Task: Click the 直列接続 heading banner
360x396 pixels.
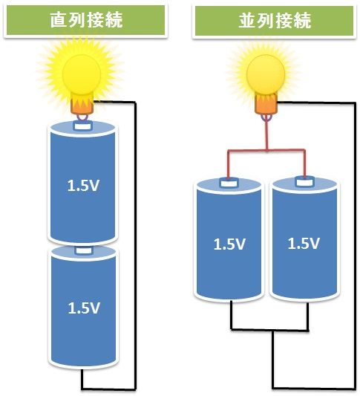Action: [x=85, y=20]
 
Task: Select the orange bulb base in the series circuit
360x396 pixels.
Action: [x=81, y=107]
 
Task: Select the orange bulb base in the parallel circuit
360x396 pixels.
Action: [x=266, y=106]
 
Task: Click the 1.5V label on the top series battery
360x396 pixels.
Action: [x=83, y=186]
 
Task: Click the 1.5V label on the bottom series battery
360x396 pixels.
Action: [x=83, y=307]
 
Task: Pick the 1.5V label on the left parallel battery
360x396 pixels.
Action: [x=229, y=244]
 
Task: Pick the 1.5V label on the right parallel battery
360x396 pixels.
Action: [x=304, y=244]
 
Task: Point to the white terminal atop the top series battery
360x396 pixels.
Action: [x=82, y=126]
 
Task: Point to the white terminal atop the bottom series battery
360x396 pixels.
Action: [x=82, y=251]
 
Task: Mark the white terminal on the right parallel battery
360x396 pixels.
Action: [x=303, y=180]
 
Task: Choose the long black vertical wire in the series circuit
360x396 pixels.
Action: [x=136, y=245]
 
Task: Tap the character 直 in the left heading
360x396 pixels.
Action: [x=59, y=20]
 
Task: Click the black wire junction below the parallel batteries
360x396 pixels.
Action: [x=272, y=331]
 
